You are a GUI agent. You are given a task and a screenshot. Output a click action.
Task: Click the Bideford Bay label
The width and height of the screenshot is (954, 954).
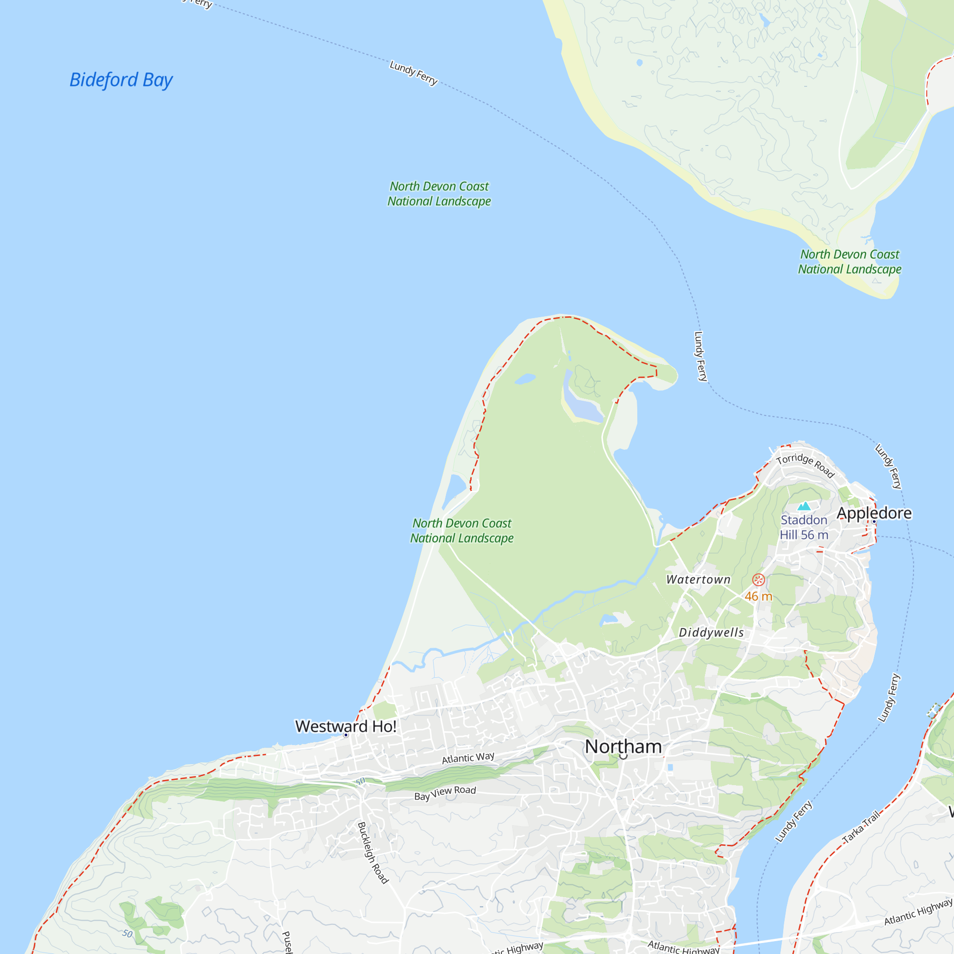[121, 80]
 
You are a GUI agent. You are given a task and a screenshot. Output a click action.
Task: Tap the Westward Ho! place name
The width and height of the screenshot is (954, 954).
[346, 726]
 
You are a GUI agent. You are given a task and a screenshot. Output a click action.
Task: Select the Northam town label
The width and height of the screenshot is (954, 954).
[623, 747]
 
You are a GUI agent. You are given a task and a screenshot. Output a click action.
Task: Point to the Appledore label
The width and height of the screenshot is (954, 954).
[874, 513]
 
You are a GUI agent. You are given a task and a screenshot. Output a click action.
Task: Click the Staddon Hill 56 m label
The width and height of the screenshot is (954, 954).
[804, 528]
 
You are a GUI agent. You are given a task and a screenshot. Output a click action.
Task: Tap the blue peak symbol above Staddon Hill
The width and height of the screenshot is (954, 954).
[804, 506]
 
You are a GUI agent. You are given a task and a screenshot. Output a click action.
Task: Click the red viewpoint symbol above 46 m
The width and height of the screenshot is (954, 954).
[758, 580]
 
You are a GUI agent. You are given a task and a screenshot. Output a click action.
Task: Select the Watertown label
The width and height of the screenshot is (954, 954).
[698, 580]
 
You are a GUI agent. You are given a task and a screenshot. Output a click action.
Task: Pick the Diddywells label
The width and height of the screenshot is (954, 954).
[711, 633]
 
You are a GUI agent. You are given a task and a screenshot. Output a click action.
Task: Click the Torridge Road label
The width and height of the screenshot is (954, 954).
[805, 465]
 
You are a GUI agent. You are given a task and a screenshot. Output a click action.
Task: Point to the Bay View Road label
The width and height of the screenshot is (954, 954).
[445, 793]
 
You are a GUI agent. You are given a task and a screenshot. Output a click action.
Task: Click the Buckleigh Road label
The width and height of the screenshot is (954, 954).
[373, 852]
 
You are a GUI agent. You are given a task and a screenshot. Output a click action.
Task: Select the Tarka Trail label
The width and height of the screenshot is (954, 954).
[861, 827]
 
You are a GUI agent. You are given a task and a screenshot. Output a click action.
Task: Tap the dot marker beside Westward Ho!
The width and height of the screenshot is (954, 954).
[346, 735]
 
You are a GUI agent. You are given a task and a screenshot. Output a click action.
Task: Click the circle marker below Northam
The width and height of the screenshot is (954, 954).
[623, 756]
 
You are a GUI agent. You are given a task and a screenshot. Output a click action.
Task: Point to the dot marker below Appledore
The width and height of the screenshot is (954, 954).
[874, 521]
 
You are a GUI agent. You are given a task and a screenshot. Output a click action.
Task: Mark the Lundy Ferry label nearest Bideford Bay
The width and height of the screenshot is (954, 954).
[413, 73]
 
